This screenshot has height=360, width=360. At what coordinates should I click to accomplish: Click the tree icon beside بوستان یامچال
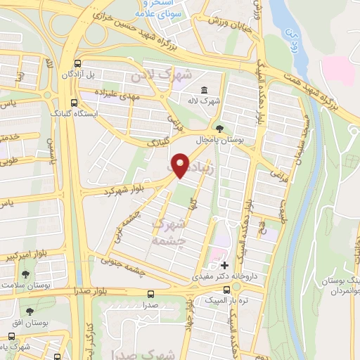[220, 129]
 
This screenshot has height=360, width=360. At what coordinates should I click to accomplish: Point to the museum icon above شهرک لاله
[204, 91]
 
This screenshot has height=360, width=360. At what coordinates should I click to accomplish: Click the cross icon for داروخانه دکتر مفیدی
[224, 266]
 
